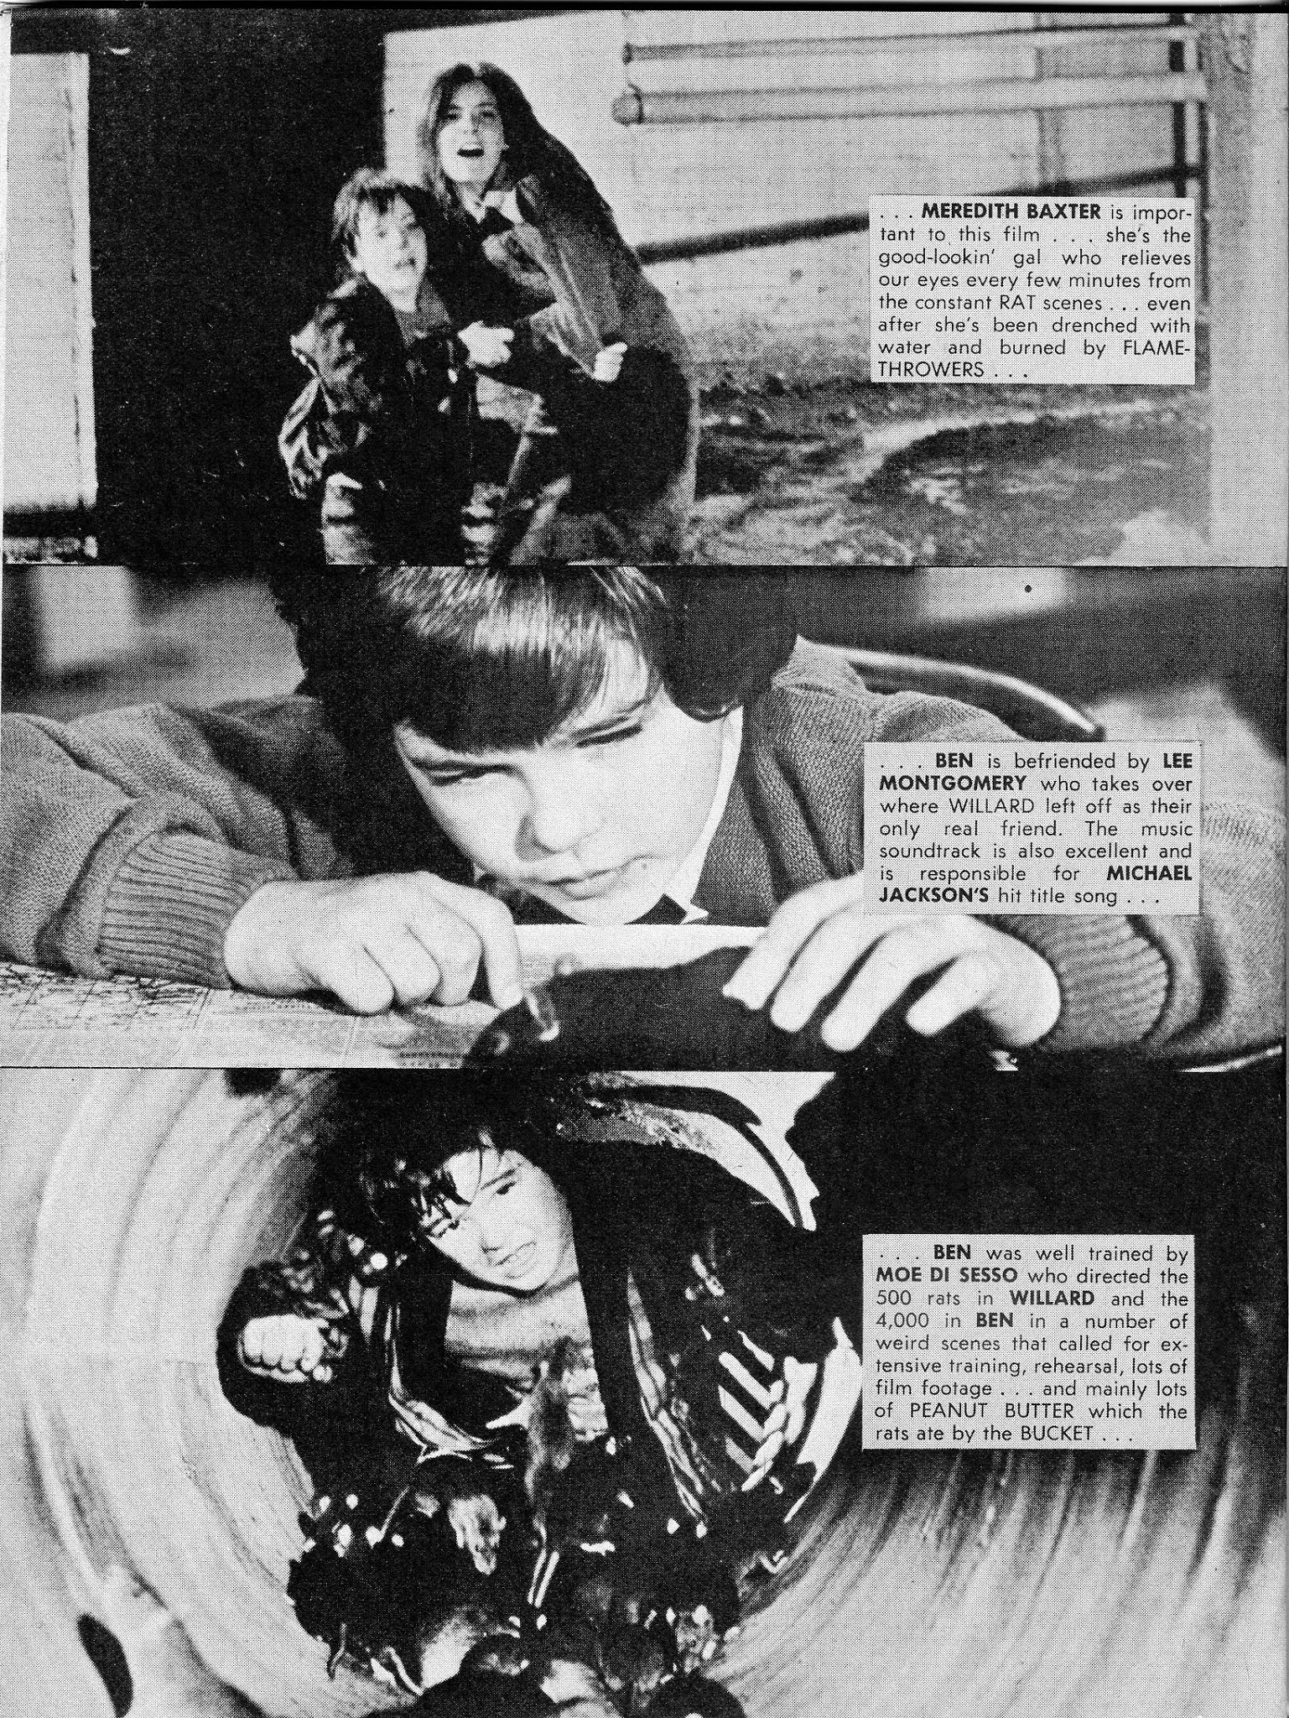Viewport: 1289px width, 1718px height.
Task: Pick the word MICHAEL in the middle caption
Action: (x=1150, y=873)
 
